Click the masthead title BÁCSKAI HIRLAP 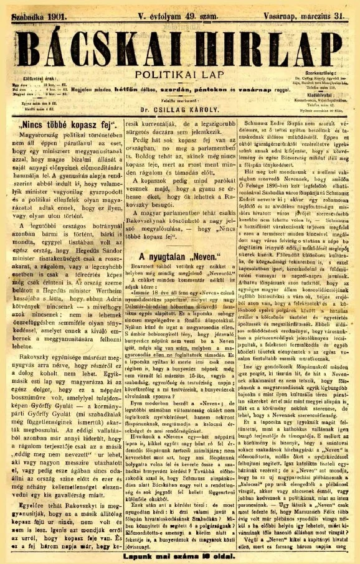180,47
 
